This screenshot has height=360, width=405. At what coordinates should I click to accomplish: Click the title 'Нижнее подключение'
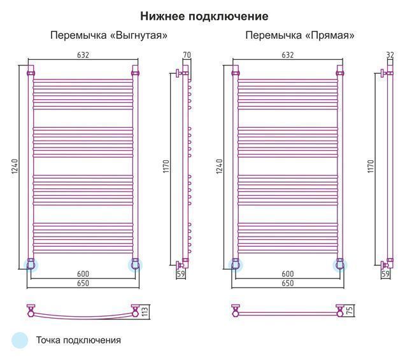pos(204,17)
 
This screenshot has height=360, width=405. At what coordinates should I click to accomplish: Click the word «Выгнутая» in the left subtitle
pos(139,35)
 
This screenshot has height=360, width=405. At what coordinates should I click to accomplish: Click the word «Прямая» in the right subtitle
pos(330,35)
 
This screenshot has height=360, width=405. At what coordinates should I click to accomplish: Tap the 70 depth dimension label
pos(187,55)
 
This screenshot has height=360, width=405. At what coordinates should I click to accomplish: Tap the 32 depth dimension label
pos(390,55)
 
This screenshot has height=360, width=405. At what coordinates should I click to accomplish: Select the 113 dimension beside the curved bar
pos(145,312)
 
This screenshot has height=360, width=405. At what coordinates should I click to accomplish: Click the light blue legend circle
pos(20,340)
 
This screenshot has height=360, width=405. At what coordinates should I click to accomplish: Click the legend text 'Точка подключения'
pos(78,340)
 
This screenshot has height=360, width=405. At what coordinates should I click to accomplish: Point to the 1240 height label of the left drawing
pos(15,166)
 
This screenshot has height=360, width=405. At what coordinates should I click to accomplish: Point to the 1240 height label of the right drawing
pos(219,166)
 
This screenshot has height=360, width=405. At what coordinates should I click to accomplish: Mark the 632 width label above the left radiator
pos(83,55)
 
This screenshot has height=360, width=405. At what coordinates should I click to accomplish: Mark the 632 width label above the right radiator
pos(287,55)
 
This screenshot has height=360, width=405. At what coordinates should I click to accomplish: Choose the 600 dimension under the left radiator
pos(83,273)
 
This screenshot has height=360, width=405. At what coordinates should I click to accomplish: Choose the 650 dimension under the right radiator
pos(287,283)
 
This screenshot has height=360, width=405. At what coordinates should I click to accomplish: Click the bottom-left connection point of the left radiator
pos(31,265)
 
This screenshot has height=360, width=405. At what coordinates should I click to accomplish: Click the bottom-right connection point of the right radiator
pos(340,265)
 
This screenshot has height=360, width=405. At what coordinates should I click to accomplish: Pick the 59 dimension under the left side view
pos(181,273)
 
